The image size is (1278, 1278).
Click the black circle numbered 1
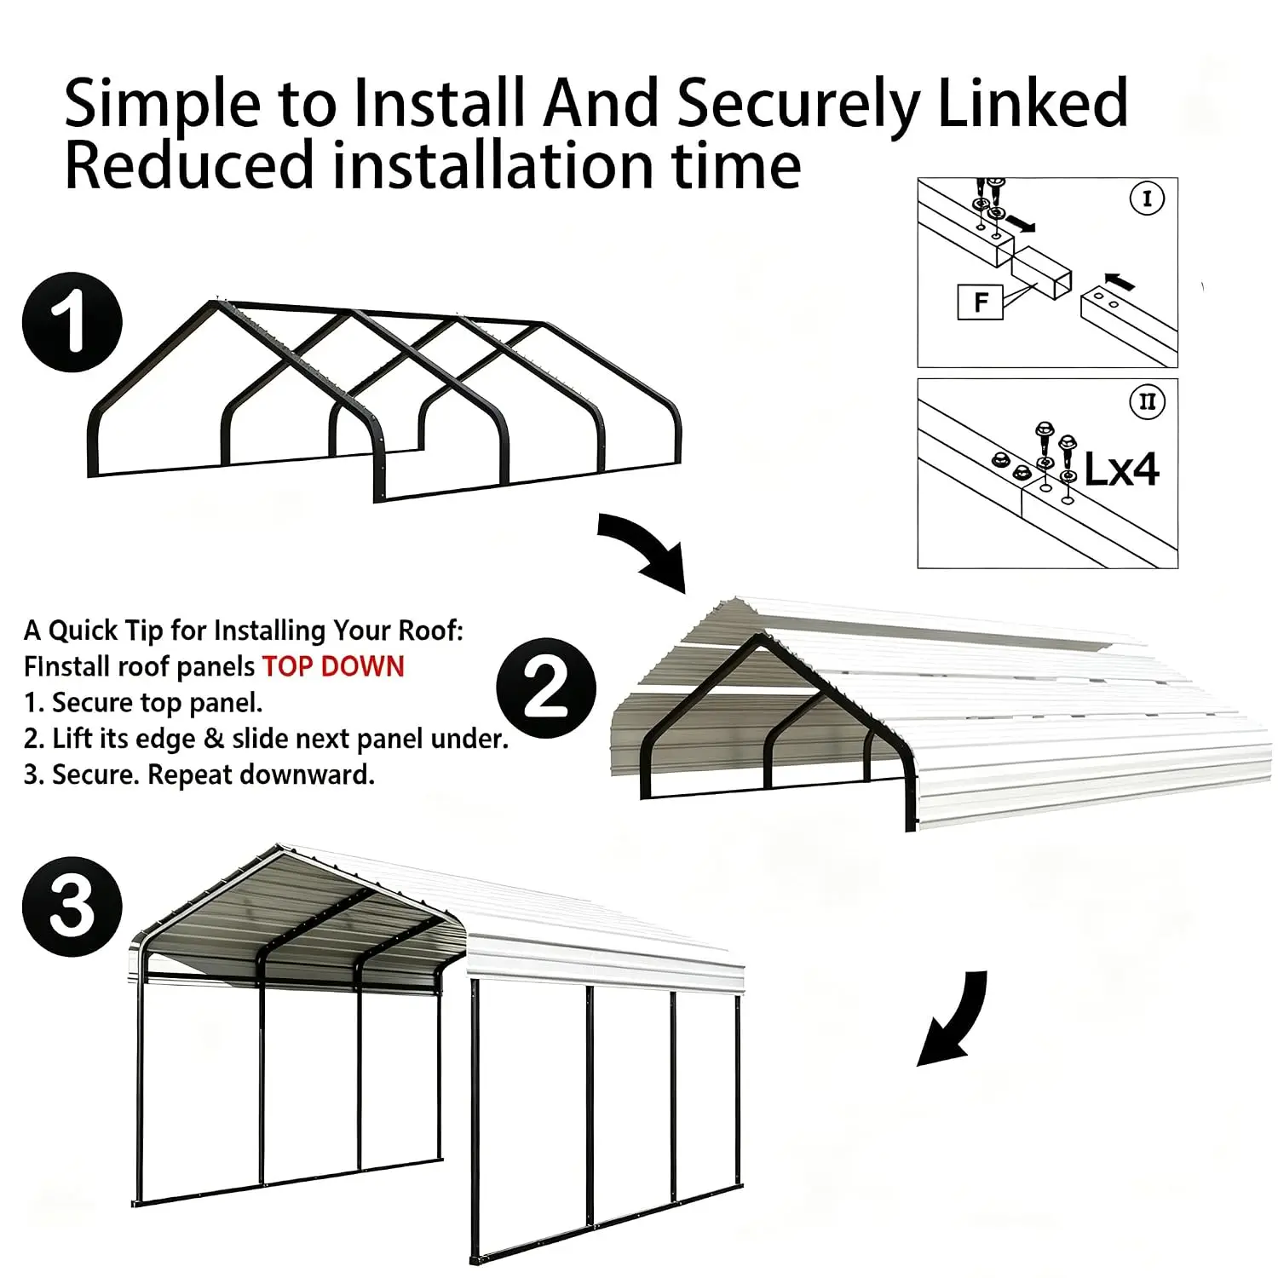pyautogui.click(x=72, y=322)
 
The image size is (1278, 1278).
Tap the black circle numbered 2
pyautogui.click(x=546, y=688)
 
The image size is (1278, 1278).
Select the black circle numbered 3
pyautogui.click(x=72, y=907)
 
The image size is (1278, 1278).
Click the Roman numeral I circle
pyautogui.click(x=1147, y=199)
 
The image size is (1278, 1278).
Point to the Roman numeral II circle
pyautogui.click(x=1147, y=401)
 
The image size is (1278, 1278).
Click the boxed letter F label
pyautogui.click(x=980, y=302)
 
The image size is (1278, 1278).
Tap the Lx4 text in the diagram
pyautogui.click(x=1121, y=469)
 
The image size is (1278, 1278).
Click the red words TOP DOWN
pyautogui.click(x=333, y=666)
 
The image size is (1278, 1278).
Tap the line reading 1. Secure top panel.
pyautogui.click(x=143, y=703)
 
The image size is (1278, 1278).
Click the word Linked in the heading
pyautogui.click(x=1033, y=102)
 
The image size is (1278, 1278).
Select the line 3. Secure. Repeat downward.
pyautogui.click(x=199, y=775)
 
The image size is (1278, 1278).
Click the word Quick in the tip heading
pyautogui.click(x=81, y=631)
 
